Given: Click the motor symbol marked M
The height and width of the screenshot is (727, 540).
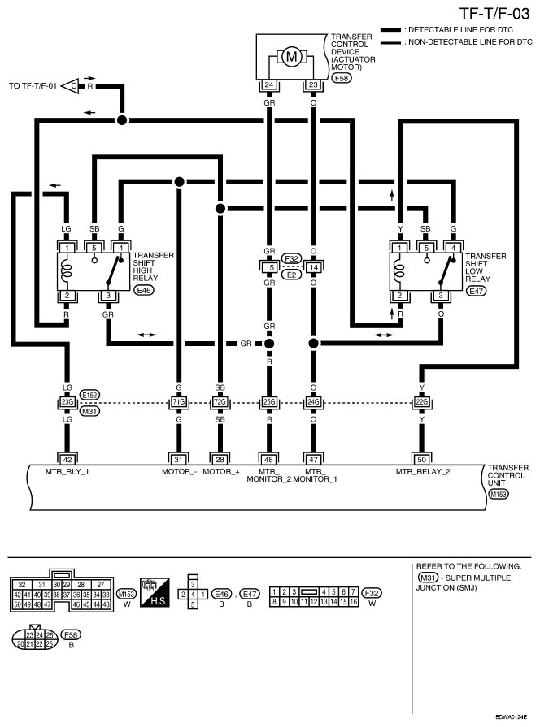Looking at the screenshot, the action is point(292,57).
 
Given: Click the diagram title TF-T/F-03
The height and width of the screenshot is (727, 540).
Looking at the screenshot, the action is point(494,14).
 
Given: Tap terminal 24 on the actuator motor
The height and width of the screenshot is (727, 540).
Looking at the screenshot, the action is point(269,84).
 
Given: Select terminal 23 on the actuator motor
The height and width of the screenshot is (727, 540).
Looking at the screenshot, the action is point(313,84).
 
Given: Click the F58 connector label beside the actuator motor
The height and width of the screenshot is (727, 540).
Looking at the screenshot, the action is point(342,78).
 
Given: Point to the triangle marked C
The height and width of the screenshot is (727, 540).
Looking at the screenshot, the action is point(71,86).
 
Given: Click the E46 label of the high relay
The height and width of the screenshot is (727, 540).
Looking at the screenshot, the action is point(143,290).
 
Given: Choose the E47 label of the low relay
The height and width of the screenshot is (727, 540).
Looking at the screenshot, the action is point(476,291).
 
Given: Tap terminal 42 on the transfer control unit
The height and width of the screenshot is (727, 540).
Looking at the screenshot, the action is point(67,460).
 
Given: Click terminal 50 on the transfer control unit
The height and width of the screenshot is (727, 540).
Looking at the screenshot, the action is point(421,460).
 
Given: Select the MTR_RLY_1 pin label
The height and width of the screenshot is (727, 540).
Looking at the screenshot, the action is point(67,471).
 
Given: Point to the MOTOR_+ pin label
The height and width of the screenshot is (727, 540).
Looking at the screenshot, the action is point(221,471).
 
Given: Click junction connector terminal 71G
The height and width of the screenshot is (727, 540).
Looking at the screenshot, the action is point(179,402).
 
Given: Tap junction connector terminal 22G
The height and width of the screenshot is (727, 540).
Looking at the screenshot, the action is point(421,402).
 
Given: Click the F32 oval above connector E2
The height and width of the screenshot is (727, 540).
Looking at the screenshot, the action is point(292,258).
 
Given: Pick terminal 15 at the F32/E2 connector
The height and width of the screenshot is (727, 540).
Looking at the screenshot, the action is point(269,267).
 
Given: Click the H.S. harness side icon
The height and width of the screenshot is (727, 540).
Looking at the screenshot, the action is point(155,592).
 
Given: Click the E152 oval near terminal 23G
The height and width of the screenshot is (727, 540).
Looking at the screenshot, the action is point(89,395).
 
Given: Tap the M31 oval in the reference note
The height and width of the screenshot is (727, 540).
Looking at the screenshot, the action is point(428,578).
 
